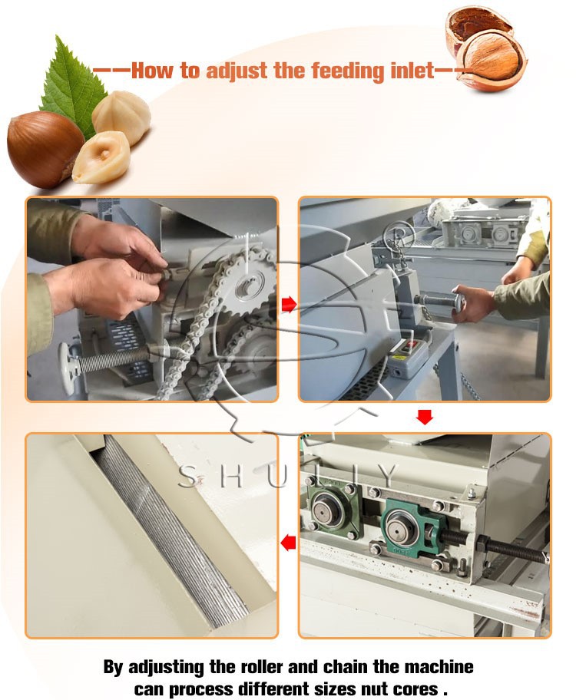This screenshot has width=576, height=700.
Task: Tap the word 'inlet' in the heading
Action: (x=408, y=71)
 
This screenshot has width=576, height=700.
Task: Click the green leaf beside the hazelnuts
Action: (x=73, y=84)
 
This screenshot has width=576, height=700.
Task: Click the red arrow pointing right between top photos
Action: (x=289, y=305)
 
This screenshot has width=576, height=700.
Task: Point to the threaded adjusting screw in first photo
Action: (x=115, y=357)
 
